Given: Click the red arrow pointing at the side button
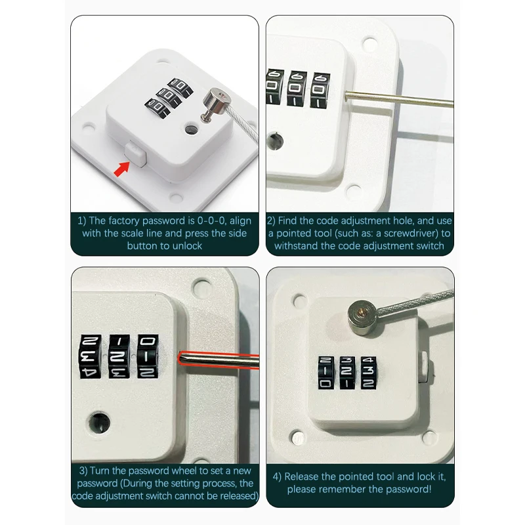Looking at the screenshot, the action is pyautogui.click(x=121, y=169).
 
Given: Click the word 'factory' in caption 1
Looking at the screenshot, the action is pyautogui.click(x=124, y=221).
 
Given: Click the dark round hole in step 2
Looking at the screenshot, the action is pyautogui.click(x=275, y=142).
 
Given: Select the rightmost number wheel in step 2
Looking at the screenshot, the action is pyautogui.click(x=320, y=91).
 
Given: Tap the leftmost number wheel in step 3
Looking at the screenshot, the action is pyautogui.click(x=91, y=356).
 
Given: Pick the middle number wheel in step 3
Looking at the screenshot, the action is pyautogui.click(x=119, y=356).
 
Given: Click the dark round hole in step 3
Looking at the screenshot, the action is pyautogui.click(x=100, y=423).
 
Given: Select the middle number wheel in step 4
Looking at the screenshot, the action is pyautogui.click(x=347, y=373).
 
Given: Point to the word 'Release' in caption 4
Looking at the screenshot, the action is pyautogui.click(x=303, y=476).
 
